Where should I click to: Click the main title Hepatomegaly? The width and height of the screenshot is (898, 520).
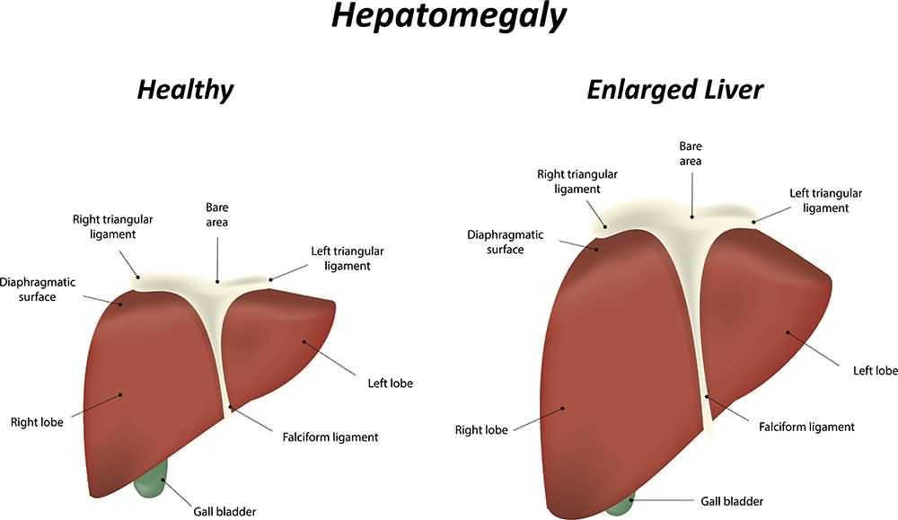[448, 17]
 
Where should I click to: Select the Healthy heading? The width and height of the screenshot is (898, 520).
[185, 90]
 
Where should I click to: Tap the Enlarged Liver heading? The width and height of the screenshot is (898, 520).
[674, 90]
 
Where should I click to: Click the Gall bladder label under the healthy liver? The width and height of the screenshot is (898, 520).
[224, 512]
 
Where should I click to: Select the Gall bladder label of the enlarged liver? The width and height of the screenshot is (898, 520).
[732, 501]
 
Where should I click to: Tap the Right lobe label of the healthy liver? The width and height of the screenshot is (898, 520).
[37, 421]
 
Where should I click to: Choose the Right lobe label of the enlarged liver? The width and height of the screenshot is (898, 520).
[481, 430]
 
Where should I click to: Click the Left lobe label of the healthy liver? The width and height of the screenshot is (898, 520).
[390, 383]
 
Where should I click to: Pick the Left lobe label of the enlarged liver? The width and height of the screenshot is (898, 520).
[875, 370]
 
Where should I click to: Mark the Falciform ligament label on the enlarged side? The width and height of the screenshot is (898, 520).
[806, 427]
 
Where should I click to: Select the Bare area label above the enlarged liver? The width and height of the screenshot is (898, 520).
[691, 153]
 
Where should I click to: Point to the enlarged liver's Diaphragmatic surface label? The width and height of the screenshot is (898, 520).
[505, 242]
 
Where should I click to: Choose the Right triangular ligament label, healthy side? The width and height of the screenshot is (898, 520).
[113, 226]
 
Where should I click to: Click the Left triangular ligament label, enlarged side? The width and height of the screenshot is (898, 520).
[825, 200]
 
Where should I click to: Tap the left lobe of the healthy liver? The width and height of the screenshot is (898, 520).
[278, 341]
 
